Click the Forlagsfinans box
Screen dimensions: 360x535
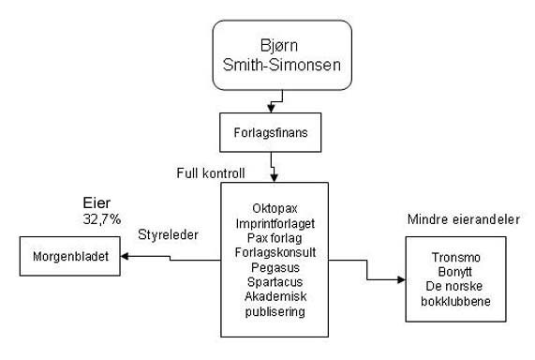tap(271, 132)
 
